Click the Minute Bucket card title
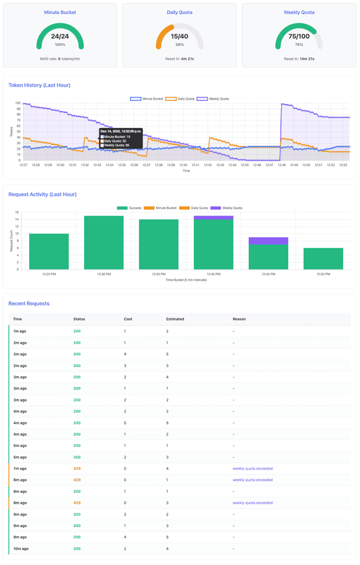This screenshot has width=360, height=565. click(x=60, y=12)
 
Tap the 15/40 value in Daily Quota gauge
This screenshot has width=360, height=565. click(x=180, y=37)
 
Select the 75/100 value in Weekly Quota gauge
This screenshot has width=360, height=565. click(x=299, y=37)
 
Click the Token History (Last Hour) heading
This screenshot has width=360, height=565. click(x=40, y=86)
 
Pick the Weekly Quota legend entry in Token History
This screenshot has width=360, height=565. click(x=213, y=99)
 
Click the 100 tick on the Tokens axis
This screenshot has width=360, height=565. click(x=18, y=103)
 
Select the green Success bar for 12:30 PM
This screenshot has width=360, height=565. click(x=104, y=242)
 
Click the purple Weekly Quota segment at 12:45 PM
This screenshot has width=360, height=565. click(x=268, y=241)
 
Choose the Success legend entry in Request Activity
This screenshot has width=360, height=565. click(x=130, y=208)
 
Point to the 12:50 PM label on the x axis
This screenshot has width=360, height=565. click(x=323, y=274)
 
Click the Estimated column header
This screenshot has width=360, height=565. click(x=175, y=319)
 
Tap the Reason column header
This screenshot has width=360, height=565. click(x=239, y=319)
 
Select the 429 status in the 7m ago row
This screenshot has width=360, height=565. click(x=77, y=469)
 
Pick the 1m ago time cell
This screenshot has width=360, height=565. click(x=20, y=331)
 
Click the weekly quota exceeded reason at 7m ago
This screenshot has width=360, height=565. click(x=253, y=469)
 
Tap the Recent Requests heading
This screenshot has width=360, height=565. click(x=29, y=304)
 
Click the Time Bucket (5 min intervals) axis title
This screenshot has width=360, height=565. click(x=186, y=280)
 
